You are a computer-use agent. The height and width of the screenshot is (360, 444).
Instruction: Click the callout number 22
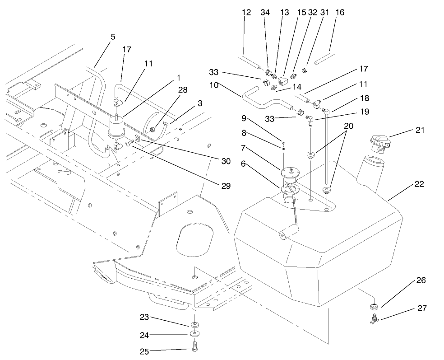click(x=419, y=184)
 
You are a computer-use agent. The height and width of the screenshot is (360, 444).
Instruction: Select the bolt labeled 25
click(x=194, y=350)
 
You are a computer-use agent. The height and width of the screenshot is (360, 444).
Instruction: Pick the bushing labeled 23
click(x=195, y=325)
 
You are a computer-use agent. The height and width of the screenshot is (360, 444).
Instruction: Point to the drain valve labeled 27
click(x=373, y=320)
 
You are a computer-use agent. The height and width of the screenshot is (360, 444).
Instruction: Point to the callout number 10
click(x=214, y=84)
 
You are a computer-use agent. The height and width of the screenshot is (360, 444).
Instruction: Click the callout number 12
click(x=246, y=13)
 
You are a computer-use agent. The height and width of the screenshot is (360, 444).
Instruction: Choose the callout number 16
click(x=340, y=13)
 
